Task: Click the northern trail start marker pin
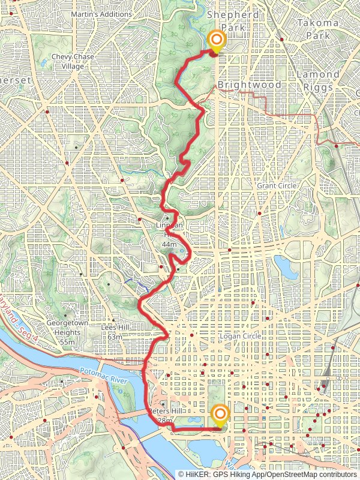coord(215,41)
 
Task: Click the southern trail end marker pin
coord(220,415)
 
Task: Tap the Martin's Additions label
coord(101,14)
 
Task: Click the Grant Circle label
coord(276,186)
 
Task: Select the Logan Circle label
coord(241,337)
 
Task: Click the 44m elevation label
coord(169,245)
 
